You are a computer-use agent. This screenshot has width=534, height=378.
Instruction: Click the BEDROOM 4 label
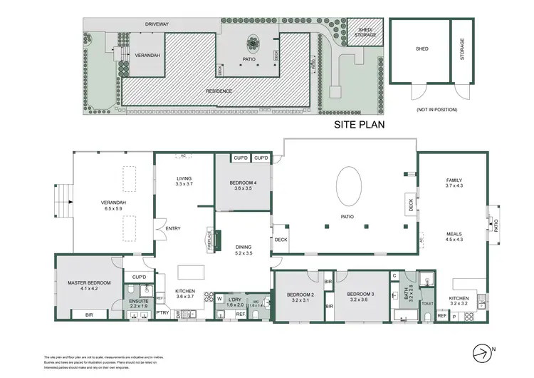click(x=244, y=183)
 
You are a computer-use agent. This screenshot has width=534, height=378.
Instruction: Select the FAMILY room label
click(x=454, y=180)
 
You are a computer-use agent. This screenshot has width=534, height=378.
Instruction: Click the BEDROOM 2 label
click(x=300, y=295)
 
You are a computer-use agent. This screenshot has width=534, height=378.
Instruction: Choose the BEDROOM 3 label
click(x=361, y=295)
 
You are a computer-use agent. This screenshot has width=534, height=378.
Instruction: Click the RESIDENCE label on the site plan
click(x=219, y=91)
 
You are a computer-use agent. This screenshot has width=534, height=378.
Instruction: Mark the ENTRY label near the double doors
click(x=173, y=228)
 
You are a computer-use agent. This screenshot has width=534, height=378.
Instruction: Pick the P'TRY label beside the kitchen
click(x=162, y=312)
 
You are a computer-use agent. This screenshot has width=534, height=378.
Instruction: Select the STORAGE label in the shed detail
click(x=462, y=50)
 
